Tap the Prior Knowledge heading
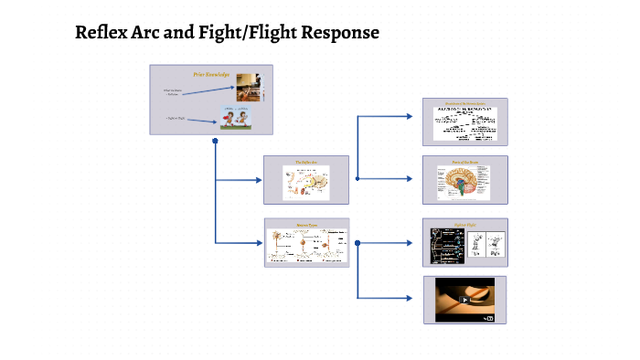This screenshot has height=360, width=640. tap(211, 73)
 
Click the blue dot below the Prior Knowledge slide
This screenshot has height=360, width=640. tap(215, 142)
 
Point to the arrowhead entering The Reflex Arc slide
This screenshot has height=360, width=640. tap(259, 179)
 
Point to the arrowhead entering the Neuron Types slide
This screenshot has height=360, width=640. tap(259, 243)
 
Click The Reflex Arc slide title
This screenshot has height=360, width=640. tap(306, 163)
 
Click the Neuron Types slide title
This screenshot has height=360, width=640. tap(306, 225)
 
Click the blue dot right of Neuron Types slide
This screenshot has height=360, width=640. tap(357, 243)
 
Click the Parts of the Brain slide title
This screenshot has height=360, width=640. tap(464, 163)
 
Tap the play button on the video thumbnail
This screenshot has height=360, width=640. tap(464, 299)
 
